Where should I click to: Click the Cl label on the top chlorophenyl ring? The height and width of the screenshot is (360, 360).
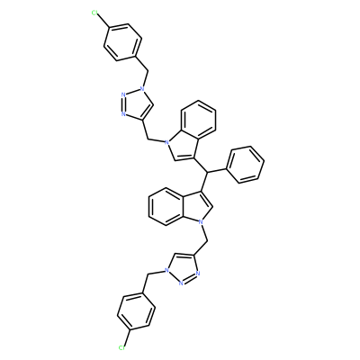pos(94,13)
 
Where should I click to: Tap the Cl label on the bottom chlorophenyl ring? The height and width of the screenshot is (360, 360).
pos(121,347)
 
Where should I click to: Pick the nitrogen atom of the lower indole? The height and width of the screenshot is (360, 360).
pos(201,222)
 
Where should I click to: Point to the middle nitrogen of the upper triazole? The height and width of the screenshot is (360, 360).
pos(123,95)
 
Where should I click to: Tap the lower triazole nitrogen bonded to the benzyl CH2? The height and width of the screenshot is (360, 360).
pos(166,271)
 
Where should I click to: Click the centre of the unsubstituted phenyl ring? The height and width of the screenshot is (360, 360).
pos(245,165)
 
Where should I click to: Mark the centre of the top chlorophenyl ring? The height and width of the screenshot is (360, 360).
pos(122,42)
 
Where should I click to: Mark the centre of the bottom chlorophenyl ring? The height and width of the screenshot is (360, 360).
pos(137,312)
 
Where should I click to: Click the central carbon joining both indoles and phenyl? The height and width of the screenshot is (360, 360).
pos(207,172)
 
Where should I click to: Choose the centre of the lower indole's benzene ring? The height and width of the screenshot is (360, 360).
pos(166,206)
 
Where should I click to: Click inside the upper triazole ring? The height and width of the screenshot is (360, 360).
pos(136,103)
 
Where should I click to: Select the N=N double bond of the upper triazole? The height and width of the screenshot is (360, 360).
pos(122,104)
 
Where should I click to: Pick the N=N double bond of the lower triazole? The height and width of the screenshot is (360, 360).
pos(189,278)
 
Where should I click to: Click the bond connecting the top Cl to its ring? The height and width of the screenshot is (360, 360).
pos(104,22)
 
